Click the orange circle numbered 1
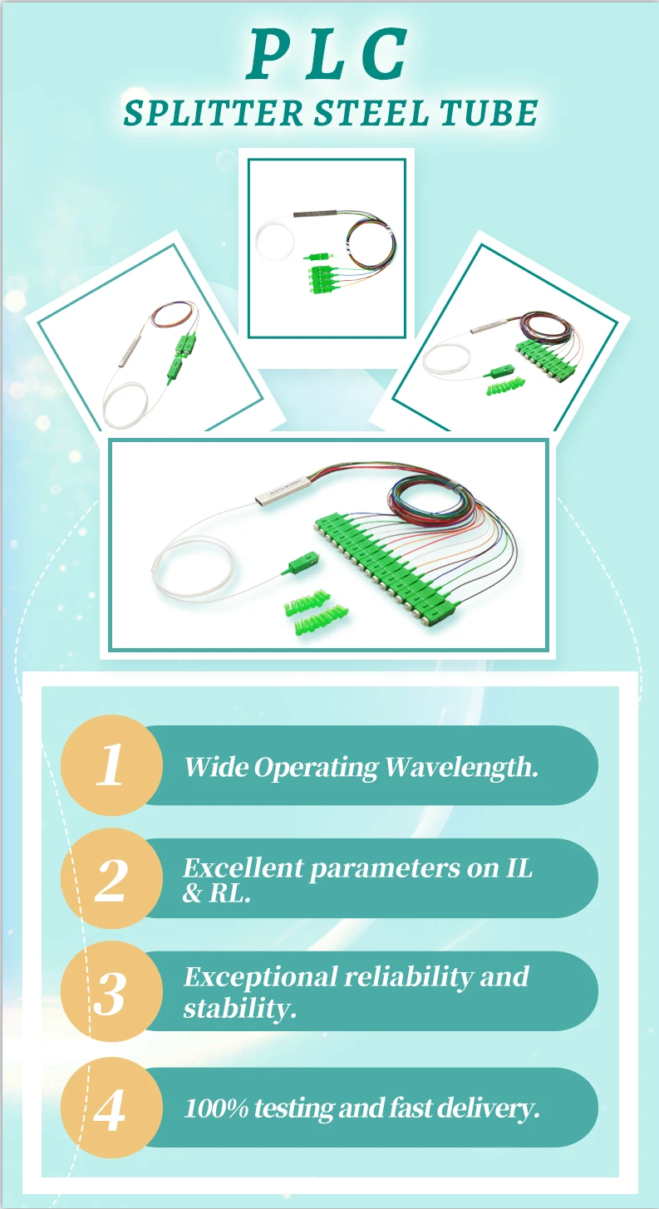click(111, 764)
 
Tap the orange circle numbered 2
click(111, 877)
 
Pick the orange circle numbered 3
click(111, 991)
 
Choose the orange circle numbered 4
click(111, 1108)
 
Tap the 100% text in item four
click(216, 1108)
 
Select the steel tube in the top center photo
click(315, 214)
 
